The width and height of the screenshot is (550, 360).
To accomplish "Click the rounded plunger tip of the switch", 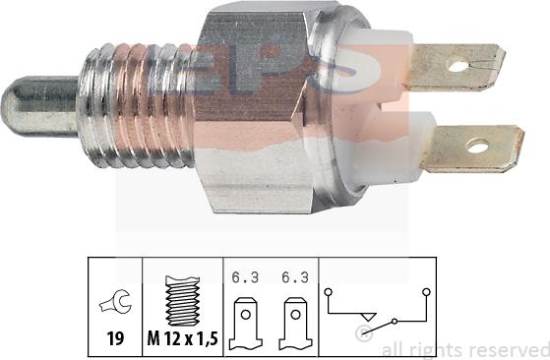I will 30,107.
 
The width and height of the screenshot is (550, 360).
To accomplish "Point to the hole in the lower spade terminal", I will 477,148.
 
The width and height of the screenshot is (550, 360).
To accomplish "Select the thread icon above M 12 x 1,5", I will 182,300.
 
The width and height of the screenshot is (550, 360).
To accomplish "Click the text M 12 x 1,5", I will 182,338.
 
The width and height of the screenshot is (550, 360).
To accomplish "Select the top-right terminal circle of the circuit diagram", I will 426,292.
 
